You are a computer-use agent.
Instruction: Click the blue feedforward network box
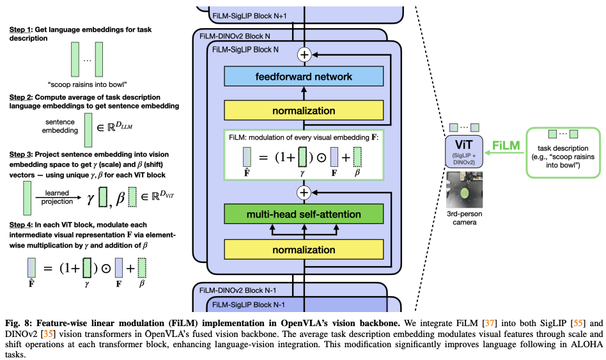(x=304, y=77)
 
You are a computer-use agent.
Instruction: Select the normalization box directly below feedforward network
(x=304, y=111)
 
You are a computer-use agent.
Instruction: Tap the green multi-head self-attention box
(x=304, y=214)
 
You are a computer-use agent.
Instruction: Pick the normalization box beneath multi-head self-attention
(x=304, y=249)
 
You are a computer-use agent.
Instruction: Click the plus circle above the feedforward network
(x=304, y=54)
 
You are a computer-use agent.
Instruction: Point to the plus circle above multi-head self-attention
(x=304, y=192)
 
